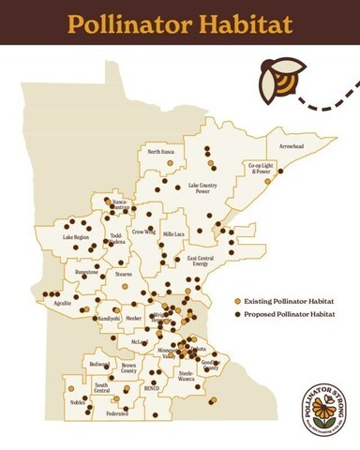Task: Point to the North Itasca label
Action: tap(162, 152)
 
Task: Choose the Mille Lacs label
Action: tap(175, 232)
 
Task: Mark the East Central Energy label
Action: tap(202, 262)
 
